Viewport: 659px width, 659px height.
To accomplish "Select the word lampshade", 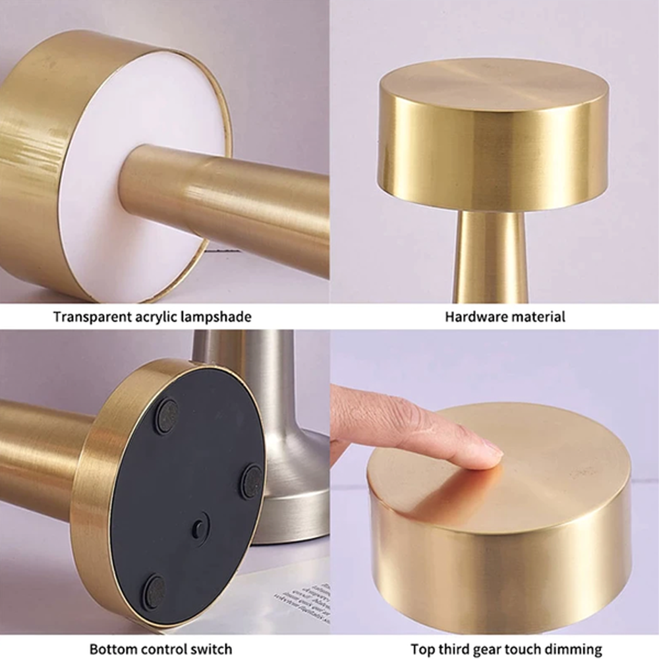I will tap(219, 317).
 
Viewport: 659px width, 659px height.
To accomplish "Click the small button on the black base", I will tap(198, 526).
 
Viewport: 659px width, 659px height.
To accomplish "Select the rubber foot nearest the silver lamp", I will tap(250, 482).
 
